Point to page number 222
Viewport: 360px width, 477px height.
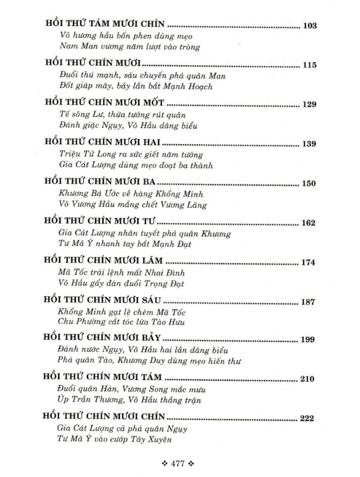tap(306, 418)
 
